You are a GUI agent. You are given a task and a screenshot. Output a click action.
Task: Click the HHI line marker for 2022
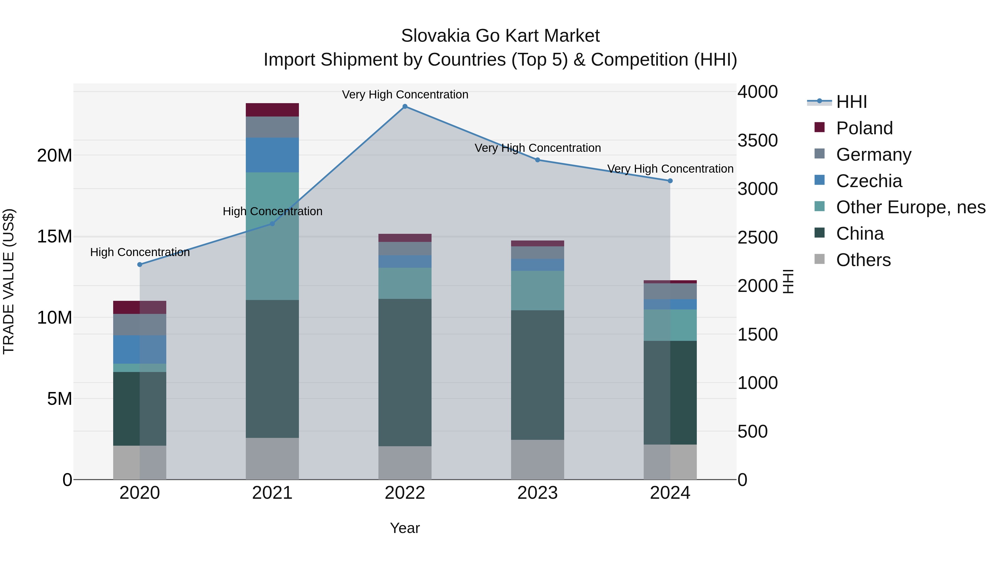405,106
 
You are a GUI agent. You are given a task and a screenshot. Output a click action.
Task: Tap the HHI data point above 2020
140,265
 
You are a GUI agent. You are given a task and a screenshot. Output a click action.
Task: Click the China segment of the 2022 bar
405,372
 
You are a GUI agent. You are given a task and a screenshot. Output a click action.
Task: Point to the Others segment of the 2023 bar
537,460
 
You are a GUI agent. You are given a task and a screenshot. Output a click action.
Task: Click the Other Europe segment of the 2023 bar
537,291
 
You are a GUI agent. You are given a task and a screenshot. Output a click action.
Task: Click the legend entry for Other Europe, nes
910,207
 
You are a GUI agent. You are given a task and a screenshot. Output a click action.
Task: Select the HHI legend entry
851,102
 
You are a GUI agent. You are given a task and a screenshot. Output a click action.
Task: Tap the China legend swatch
819,233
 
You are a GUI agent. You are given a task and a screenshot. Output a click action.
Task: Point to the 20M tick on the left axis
54,156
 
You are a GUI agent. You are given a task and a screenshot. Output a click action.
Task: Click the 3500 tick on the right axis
757,140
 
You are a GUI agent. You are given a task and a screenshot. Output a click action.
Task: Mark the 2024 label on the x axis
670,493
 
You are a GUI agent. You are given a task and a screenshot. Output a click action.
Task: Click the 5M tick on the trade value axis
60,399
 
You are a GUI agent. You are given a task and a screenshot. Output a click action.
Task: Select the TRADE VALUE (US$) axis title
9,281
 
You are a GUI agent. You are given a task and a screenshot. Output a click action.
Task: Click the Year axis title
405,528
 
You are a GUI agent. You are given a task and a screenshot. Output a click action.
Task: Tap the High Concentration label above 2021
272,211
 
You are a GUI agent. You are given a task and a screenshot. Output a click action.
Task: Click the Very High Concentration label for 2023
537,148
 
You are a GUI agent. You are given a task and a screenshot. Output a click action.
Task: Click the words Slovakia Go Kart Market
500,36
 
